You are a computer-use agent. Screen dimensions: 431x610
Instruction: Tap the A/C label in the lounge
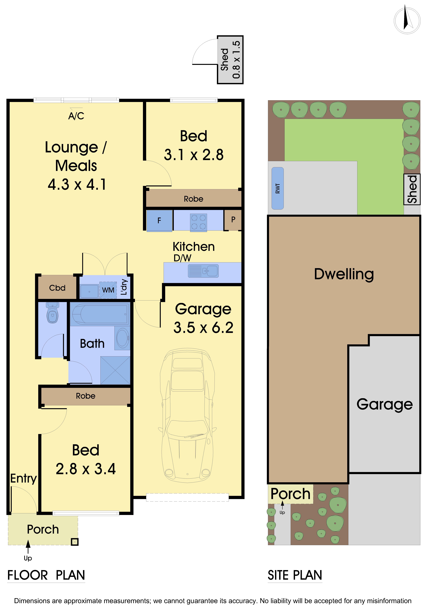point(76,116)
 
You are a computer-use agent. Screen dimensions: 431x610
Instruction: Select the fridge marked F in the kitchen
point(159,220)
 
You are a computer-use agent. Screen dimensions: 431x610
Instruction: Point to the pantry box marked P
point(233,220)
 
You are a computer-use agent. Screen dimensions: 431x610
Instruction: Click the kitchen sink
point(203,271)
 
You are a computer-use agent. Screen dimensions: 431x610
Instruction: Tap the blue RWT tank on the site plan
point(278,188)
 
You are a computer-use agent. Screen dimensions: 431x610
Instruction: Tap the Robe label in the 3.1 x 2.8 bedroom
point(194,199)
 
